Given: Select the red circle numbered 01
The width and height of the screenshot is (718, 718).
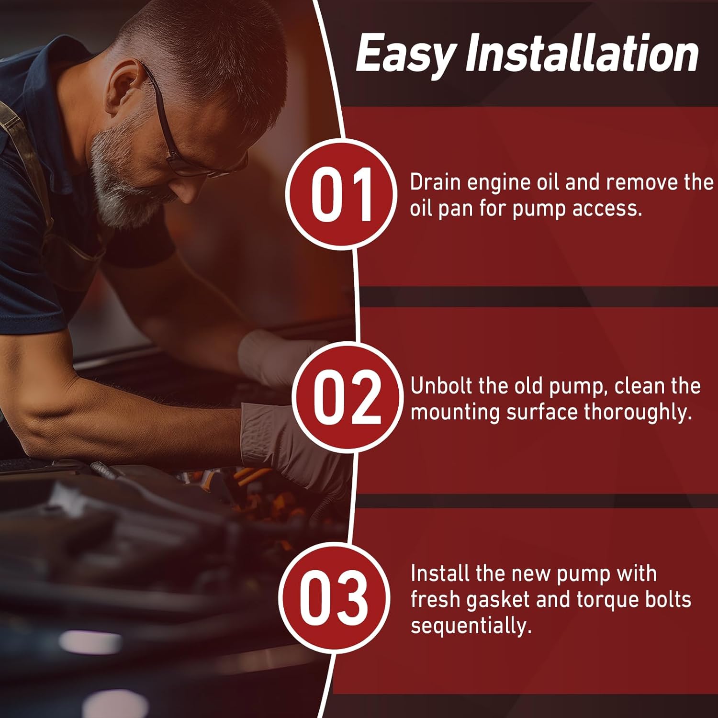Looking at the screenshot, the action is (341, 194).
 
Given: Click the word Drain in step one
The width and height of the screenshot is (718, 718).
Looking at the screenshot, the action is (435, 182).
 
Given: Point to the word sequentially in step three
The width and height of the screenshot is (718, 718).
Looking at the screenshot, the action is (471, 626).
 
